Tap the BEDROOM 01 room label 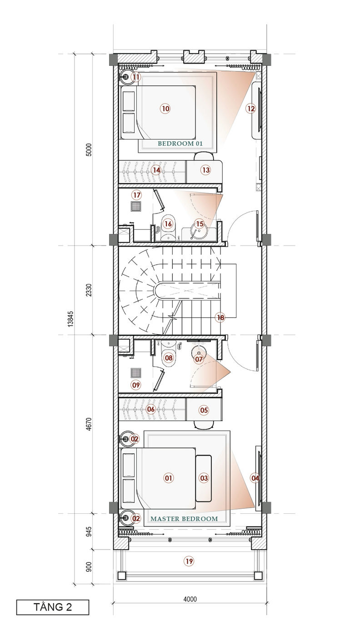pyautogui.click(x=180, y=144)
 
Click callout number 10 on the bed pyautogui.click(x=166, y=109)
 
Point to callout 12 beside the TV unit pyautogui.click(x=251, y=108)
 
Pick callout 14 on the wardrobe pyautogui.click(x=156, y=170)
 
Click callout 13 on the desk pyautogui.click(x=206, y=170)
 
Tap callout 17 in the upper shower pyautogui.click(x=137, y=195)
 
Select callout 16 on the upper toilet pyautogui.click(x=168, y=224)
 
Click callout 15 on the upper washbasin pyautogui.click(x=200, y=224)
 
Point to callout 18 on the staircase pyautogui.click(x=220, y=317)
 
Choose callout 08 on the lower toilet pyautogui.click(x=169, y=358)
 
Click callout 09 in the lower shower pyautogui.click(x=136, y=385)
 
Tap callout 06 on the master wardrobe pyautogui.click(x=151, y=409)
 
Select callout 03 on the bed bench pyautogui.click(x=204, y=478)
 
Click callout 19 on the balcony pyautogui.click(x=189, y=561)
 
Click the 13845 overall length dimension pyautogui.click(x=70, y=318)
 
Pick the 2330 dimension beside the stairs pyautogui.click(x=89, y=290)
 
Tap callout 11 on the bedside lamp pyautogui.click(x=136, y=77)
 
